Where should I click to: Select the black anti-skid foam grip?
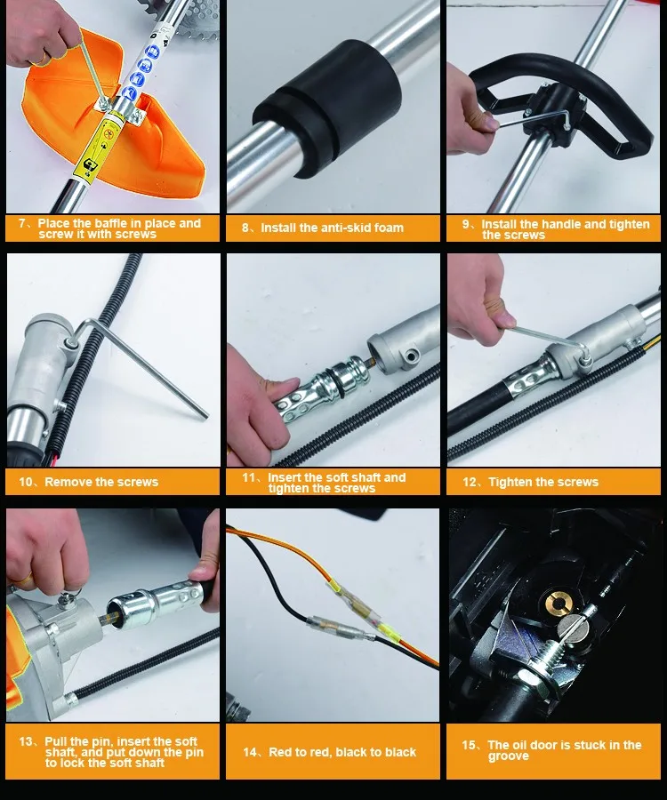click(x=329, y=108)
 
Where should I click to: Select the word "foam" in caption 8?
click(x=389, y=228)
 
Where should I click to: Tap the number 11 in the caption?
click(x=248, y=477)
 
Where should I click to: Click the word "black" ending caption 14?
click(x=400, y=752)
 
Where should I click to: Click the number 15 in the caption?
click(x=469, y=745)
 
